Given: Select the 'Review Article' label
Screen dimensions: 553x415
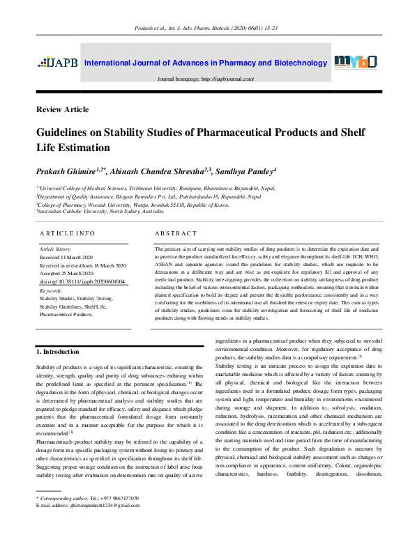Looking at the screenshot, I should (62, 109).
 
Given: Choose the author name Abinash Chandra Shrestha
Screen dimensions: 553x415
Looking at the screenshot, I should (151, 171).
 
